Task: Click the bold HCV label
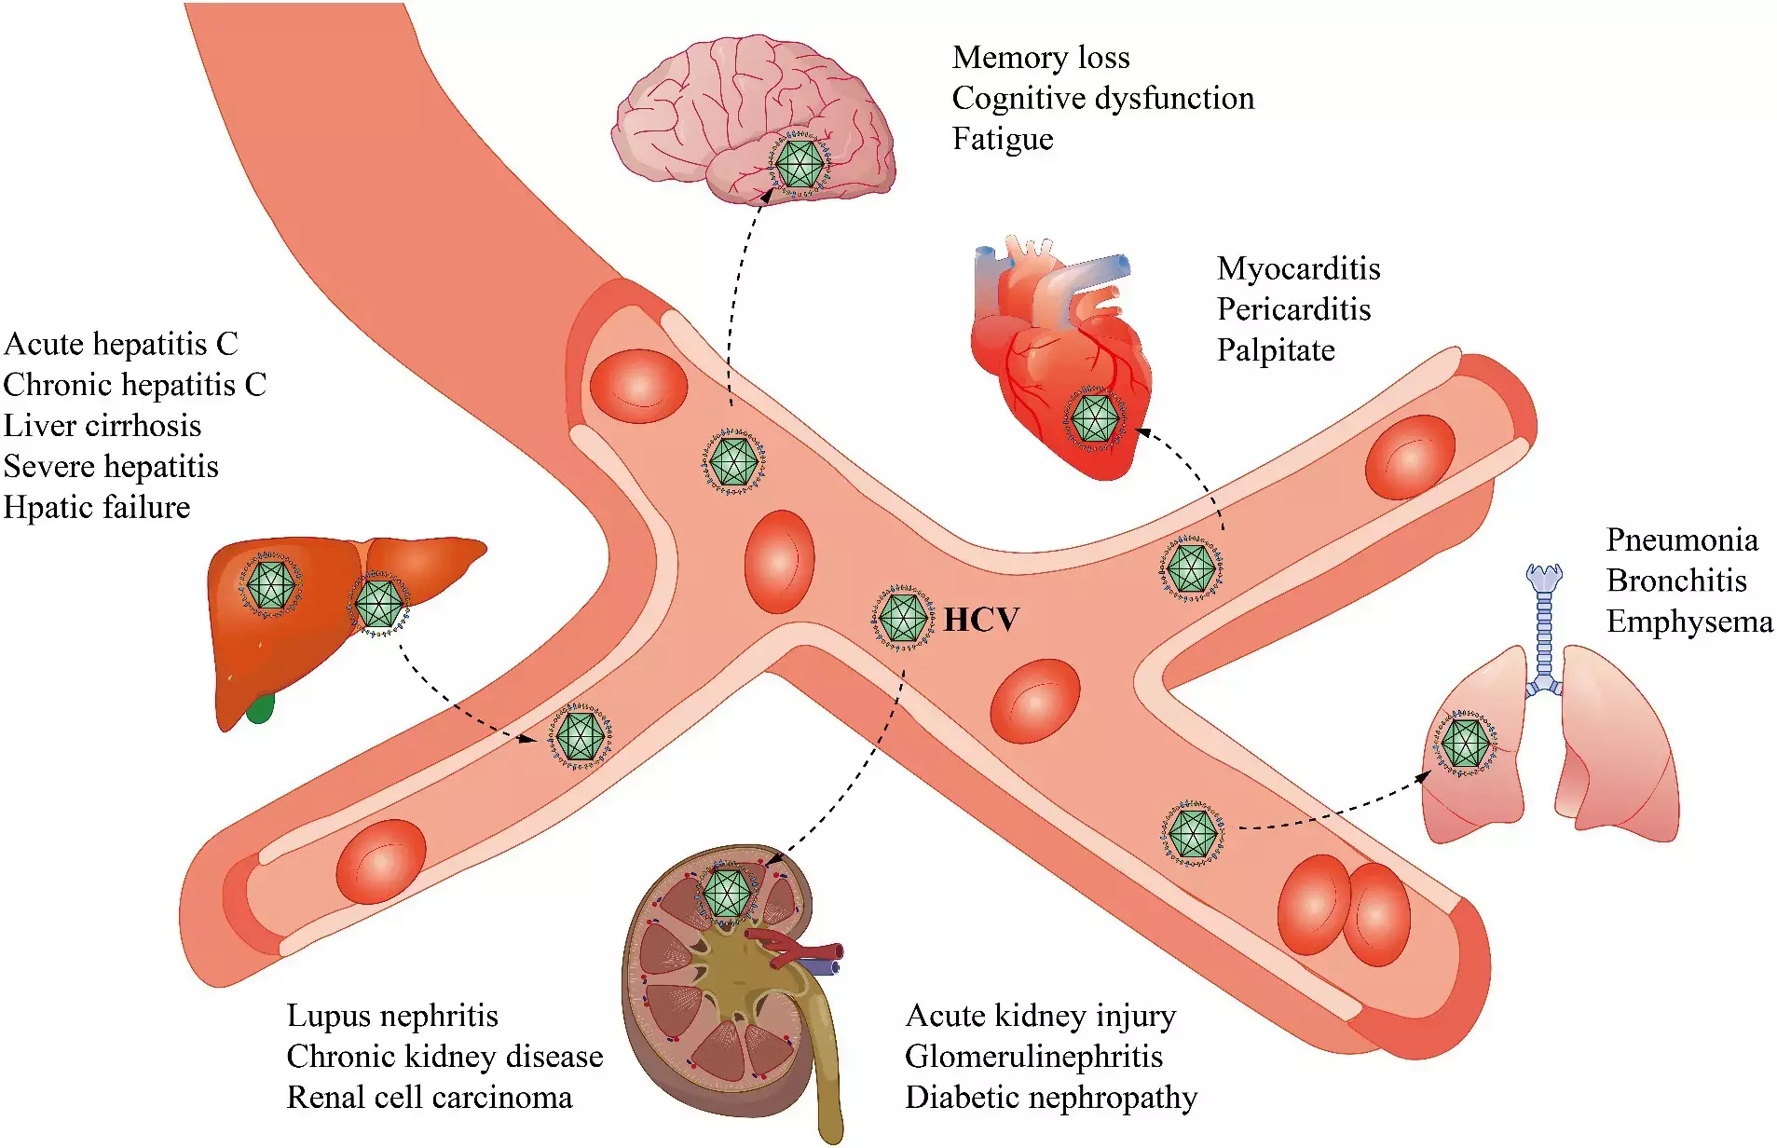(981, 620)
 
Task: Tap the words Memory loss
(1040, 58)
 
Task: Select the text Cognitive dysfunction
(1102, 99)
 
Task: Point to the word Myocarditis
(1298, 269)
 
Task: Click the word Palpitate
(1276, 351)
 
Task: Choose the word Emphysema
(1688, 622)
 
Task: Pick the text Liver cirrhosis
(103, 426)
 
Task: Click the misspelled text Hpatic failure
(97, 508)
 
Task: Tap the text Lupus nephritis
(392, 1016)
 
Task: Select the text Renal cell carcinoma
(430, 1098)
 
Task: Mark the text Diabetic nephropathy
(1050, 1098)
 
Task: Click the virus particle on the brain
(800, 164)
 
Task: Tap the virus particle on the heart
(1095, 417)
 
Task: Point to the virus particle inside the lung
(1465, 744)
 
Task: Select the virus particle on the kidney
(727, 893)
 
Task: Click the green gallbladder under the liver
(261, 709)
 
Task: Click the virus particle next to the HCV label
(903, 617)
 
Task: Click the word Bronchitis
(1676, 581)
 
